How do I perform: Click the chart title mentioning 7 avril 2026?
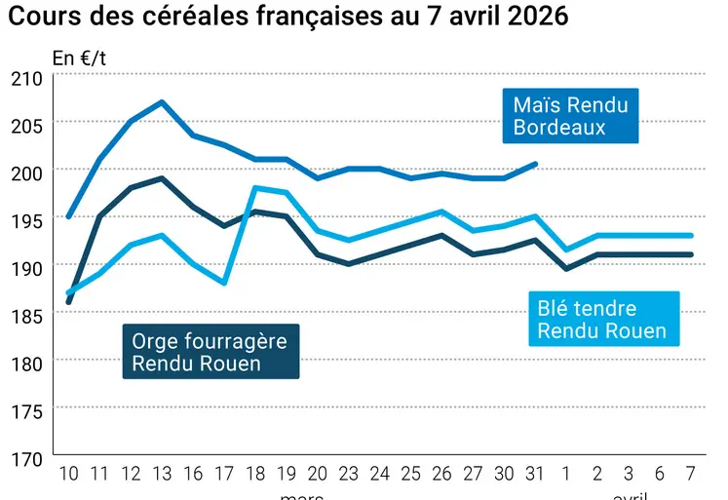coord(288,19)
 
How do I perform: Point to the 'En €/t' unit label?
coord(79,58)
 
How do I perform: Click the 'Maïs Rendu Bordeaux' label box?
coord(570,117)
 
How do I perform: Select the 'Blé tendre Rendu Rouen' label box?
coord(601,320)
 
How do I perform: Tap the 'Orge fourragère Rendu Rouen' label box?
coord(210,352)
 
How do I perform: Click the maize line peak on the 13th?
coord(162,101)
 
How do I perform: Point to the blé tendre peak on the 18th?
coord(254,187)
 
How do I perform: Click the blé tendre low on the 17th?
coord(224,283)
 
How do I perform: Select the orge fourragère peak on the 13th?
coord(162,177)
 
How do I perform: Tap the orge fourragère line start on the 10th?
coord(68,302)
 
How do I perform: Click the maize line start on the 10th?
coord(68,216)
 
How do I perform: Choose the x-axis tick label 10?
coord(68,474)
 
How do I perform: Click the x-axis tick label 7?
coord(691,474)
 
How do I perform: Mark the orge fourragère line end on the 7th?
coord(691,254)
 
